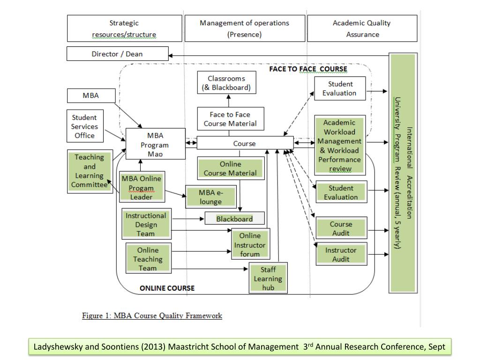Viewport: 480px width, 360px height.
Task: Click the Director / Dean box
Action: point(118,53)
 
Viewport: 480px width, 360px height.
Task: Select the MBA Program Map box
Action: point(156,143)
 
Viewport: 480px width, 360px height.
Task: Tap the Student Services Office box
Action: point(85,126)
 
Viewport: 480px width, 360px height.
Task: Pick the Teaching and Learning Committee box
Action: point(90,172)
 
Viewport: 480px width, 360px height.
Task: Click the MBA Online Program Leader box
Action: point(142,187)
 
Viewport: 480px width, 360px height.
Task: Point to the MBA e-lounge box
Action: point(211,197)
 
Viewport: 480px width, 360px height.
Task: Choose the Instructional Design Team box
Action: point(146,224)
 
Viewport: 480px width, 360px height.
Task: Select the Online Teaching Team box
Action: point(148,258)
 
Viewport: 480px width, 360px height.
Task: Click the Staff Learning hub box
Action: point(268,278)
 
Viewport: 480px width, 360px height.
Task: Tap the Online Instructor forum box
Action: point(250,244)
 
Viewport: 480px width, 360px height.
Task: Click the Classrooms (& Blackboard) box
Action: point(226,82)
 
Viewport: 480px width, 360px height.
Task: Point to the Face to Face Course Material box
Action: point(231,119)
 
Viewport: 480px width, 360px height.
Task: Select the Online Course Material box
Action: point(231,168)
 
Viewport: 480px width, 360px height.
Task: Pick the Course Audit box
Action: point(341,228)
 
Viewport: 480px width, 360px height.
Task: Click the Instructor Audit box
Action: point(341,254)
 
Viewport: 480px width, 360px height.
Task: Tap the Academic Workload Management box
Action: point(340,145)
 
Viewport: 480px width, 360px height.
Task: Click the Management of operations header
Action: point(245,28)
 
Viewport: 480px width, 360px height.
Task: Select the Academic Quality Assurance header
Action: point(362,28)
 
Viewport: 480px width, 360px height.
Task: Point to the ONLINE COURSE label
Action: point(167,288)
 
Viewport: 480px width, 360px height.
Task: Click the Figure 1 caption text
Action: point(152,315)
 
